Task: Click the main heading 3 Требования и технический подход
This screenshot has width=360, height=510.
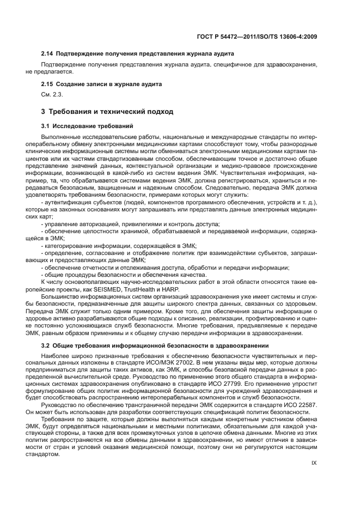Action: [x=107, y=112]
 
